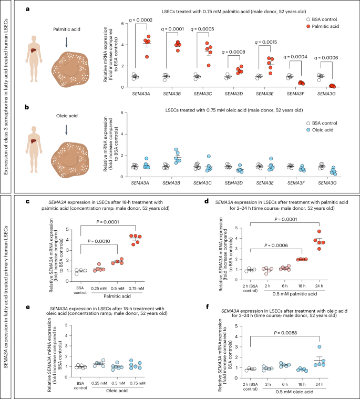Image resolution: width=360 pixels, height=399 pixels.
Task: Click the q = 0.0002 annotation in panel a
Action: tap(141, 20)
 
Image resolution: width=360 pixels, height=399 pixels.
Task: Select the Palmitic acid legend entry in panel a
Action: tap(323, 26)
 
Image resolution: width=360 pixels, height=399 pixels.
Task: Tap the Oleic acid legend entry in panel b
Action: tap(320, 130)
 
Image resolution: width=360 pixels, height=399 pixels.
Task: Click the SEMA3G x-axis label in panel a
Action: tap(326, 94)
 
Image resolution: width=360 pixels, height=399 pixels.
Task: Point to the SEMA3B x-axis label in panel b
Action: tap(171, 183)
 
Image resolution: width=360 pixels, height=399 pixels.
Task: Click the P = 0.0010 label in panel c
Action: tap(99, 241)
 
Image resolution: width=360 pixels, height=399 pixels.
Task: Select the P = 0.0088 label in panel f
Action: tap(285, 333)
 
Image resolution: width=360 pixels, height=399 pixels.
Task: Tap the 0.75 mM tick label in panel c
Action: tap(136, 288)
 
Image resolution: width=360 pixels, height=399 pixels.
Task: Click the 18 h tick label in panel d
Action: tap(302, 286)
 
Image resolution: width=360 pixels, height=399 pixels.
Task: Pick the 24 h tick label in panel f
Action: tap(319, 384)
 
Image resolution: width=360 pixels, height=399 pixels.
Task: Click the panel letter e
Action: tap(27, 307)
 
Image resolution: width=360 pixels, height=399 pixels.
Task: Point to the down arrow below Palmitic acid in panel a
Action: tap(66, 42)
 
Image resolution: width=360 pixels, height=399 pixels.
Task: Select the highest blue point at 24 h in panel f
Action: tap(320, 346)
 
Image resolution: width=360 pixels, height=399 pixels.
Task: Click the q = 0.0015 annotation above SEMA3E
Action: tap(266, 42)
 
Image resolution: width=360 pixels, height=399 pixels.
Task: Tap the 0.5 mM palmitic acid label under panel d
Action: tap(295, 294)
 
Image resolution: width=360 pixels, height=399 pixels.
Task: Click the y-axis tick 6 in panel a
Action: tap(122, 24)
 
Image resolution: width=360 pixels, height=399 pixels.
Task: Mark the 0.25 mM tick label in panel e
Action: tap(99, 383)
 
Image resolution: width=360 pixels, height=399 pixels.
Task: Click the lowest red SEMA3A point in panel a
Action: tap(147, 57)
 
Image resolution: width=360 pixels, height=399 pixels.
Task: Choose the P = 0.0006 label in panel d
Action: tap(276, 245)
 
